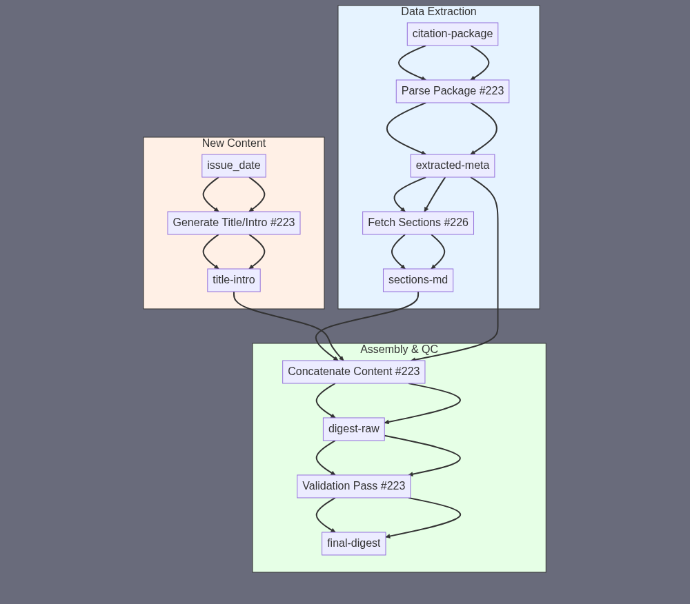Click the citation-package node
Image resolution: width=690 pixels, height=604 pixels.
[452, 34]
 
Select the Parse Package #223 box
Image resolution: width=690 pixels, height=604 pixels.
[452, 91]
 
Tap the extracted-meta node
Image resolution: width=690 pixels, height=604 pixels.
[452, 165]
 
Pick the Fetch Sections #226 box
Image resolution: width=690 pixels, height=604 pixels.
[417, 223]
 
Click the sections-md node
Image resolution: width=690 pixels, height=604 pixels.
[417, 280]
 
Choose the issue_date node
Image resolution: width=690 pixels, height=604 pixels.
[233, 165]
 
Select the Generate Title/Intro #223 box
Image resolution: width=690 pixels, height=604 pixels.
[233, 223]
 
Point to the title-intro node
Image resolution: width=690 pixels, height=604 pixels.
[233, 280]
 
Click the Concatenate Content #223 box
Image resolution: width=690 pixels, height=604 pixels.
[353, 372]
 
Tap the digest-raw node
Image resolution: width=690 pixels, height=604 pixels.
[353, 429]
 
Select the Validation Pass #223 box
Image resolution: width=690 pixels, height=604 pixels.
[353, 486]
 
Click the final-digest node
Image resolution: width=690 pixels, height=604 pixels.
[353, 543]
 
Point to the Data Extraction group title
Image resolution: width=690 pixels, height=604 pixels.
[438, 12]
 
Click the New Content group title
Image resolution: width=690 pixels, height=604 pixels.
[233, 143]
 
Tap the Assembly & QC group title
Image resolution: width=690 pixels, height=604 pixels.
[399, 350]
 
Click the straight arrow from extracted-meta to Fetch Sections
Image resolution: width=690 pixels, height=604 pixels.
[435, 194]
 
